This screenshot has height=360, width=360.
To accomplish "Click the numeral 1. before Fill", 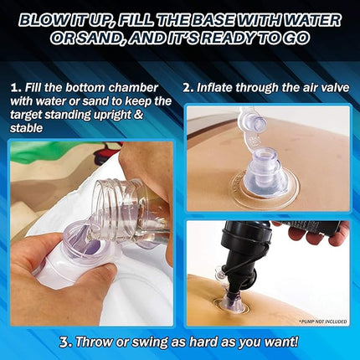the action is (16, 88).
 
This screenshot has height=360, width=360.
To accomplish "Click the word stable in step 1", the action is (26, 128).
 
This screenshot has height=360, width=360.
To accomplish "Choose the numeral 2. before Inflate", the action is (188, 88).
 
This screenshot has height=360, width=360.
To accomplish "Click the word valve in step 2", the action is (334, 88).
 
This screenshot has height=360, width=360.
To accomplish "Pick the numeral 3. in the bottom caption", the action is (66, 342).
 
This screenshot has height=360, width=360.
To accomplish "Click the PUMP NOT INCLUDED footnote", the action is (323, 321).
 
